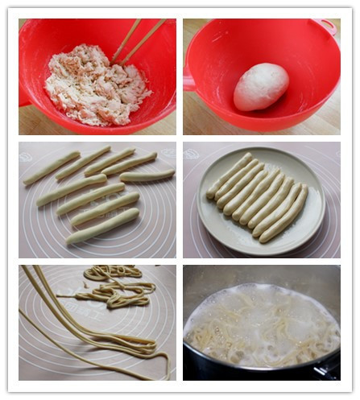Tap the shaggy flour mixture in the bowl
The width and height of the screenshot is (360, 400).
(x=95, y=84)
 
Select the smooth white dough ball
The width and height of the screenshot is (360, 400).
(x=260, y=86)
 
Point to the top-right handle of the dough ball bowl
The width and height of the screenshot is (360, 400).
(x=326, y=26)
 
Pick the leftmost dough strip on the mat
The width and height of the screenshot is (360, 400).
(x=51, y=167)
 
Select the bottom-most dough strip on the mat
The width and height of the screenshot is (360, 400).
(x=102, y=226)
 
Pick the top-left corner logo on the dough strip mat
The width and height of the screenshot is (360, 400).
(x=29, y=150)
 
